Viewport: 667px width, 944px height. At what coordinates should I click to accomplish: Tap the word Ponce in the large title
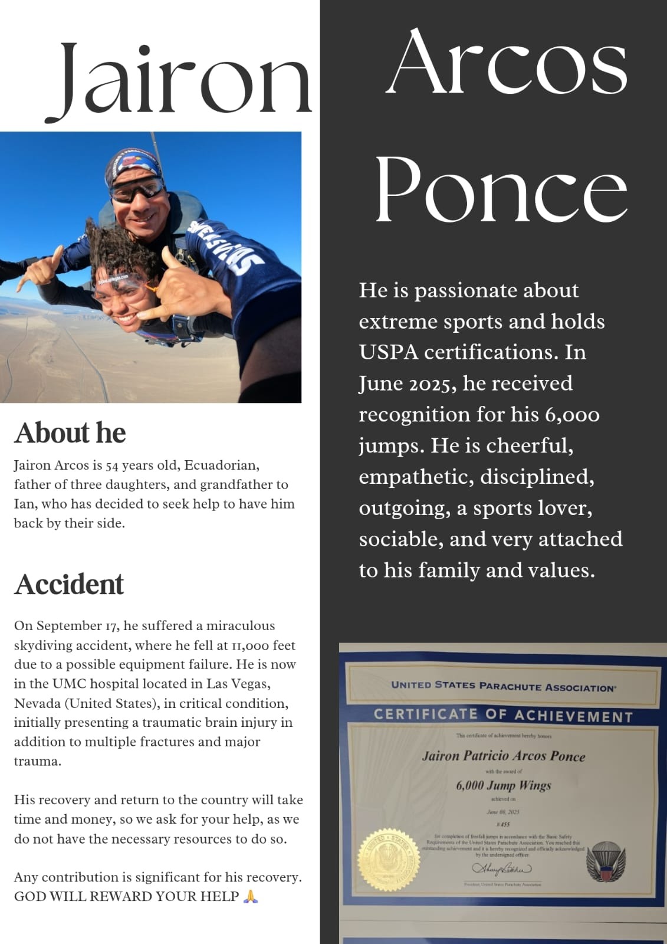[x=501, y=191]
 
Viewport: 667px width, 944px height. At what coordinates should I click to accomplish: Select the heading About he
[x=70, y=432]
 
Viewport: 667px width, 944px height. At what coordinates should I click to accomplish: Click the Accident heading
[x=69, y=584]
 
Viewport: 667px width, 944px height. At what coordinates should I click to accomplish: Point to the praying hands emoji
[x=251, y=897]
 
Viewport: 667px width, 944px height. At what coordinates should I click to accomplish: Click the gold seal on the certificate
[x=389, y=858]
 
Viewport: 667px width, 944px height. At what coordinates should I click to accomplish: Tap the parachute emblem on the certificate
[x=606, y=861]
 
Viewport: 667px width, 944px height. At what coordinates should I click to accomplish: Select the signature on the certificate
[x=501, y=868]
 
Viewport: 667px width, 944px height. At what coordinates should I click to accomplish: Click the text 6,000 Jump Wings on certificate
[x=503, y=785]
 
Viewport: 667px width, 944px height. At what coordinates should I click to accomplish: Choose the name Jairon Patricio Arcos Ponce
[x=503, y=756]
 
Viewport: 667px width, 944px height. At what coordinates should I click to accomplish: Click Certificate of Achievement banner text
[x=503, y=715]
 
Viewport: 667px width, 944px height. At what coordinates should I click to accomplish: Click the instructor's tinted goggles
[x=137, y=190]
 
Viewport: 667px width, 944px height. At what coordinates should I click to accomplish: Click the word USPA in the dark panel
[x=389, y=352]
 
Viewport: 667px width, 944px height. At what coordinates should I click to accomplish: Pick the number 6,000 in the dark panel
[x=572, y=415]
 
